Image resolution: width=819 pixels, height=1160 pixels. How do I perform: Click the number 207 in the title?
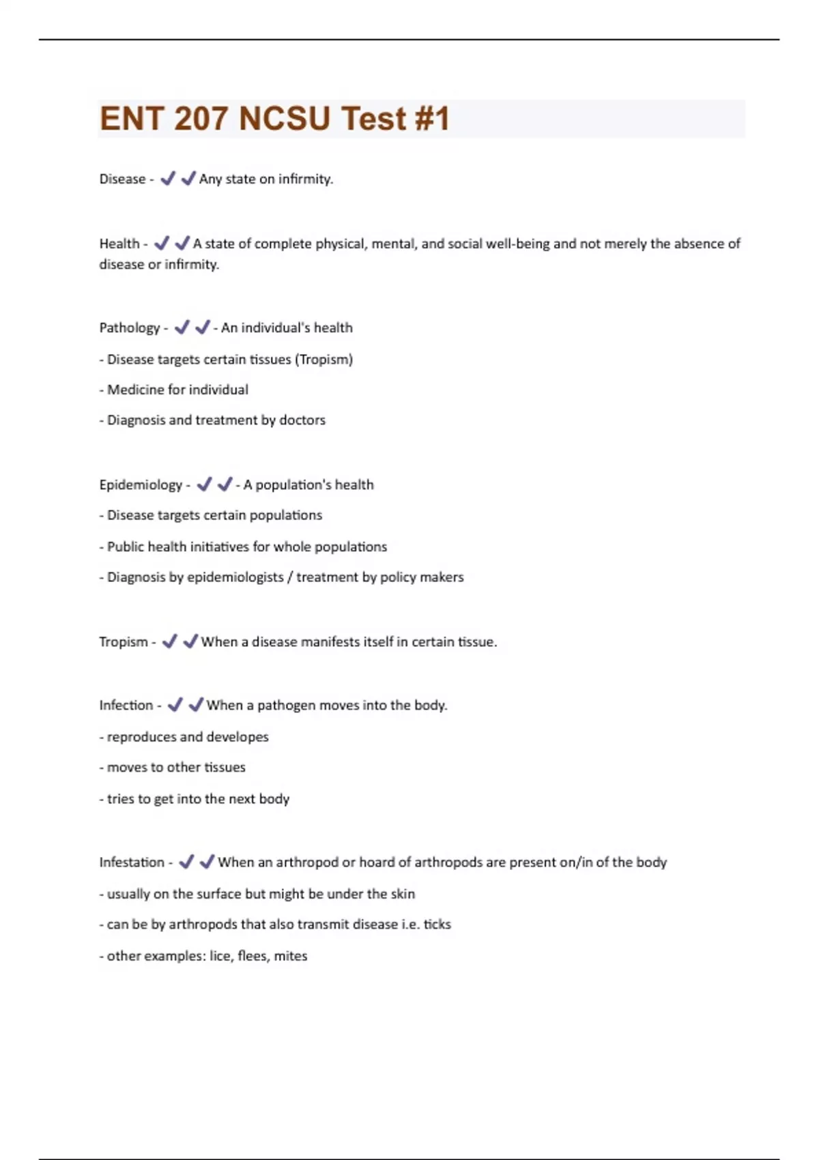pyautogui.click(x=201, y=119)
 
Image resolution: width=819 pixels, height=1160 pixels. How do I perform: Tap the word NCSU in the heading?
pyautogui.click(x=285, y=119)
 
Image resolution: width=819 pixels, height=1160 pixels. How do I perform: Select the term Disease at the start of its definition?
pyautogui.click(x=122, y=179)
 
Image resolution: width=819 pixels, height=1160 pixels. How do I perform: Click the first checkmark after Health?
pyautogui.click(x=162, y=243)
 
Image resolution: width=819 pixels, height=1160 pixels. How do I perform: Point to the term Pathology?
pyautogui.click(x=129, y=328)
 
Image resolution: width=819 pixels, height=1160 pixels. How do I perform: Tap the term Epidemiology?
pyautogui.click(x=141, y=485)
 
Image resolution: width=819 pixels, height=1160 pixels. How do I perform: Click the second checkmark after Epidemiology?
pyautogui.click(x=225, y=484)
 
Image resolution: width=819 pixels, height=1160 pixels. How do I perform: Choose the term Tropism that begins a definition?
pyautogui.click(x=123, y=642)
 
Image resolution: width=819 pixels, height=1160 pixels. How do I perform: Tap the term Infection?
pyautogui.click(x=126, y=706)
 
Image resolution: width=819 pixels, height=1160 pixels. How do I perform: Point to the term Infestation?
pyautogui.click(x=132, y=862)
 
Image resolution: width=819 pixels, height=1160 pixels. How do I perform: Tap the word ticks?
pyautogui.click(x=437, y=925)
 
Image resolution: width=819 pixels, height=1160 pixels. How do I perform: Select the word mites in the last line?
pyautogui.click(x=291, y=956)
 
